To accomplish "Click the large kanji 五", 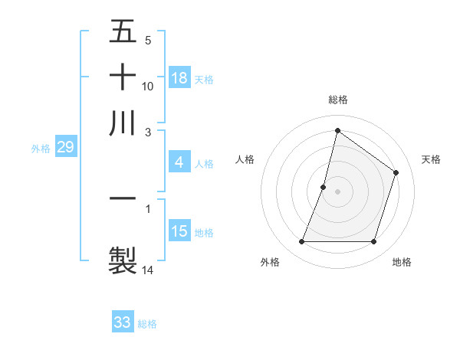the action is click(123, 32).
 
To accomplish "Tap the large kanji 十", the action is click(123, 77).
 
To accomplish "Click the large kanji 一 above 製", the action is click(123, 198).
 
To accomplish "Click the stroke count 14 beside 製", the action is click(148, 270).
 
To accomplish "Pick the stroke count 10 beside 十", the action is click(148, 87).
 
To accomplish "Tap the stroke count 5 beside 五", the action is click(148, 41).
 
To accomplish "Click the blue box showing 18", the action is click(179, 77).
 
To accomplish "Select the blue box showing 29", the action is click(65, 147).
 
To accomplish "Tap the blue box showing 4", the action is click(179, 162).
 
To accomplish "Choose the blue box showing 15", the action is click(179, 231).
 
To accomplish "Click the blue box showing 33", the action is click(123, 322).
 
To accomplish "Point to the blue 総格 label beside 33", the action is click(147, 324).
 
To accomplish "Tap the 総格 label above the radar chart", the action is click(337, 100).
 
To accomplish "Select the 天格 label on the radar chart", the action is click(431, 159).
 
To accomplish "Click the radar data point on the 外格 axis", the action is click(301, 242).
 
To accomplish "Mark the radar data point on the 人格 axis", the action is click(324, 187).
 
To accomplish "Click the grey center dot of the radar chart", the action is click(337, 191).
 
